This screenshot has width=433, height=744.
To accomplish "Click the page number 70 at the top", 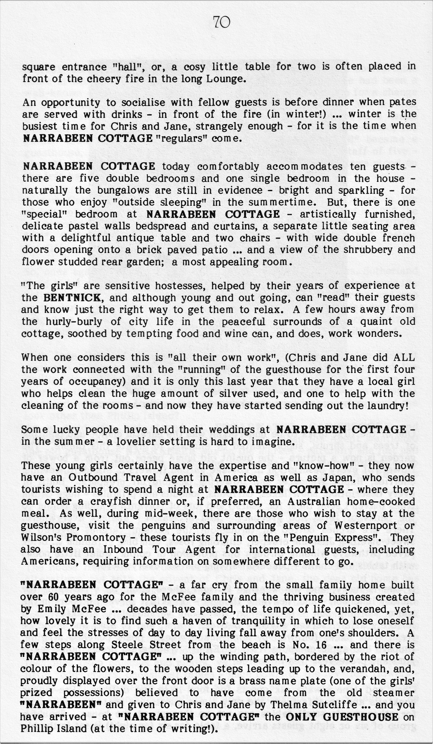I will [221, 22].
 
